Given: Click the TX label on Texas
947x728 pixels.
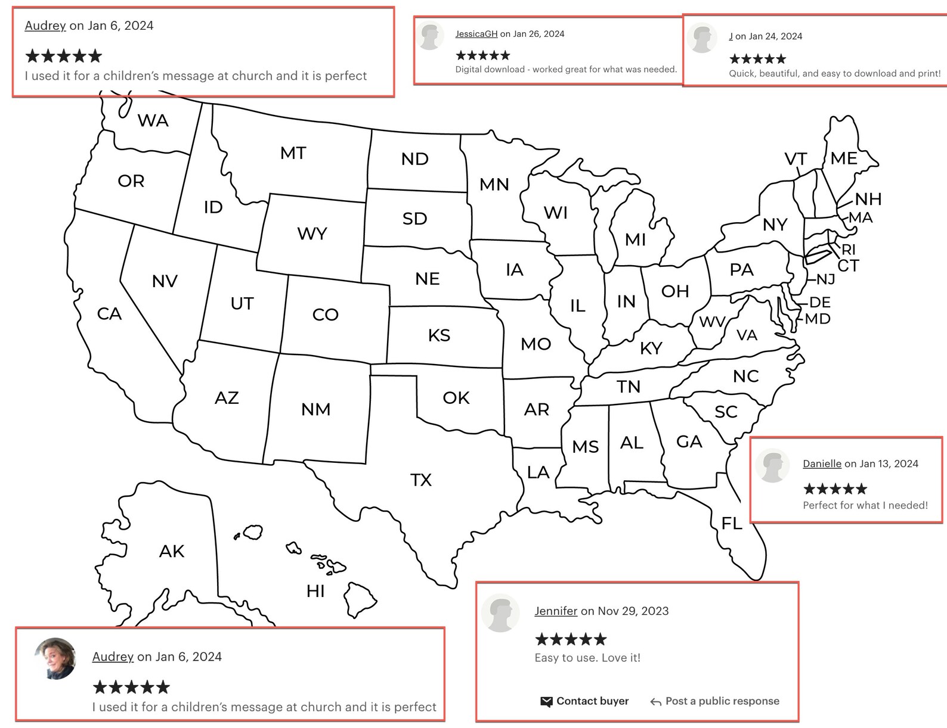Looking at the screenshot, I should (x=420, y=480).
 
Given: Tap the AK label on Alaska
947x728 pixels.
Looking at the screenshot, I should (x=172, y=551).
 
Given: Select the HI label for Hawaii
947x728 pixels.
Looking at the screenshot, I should (x=315, y=591).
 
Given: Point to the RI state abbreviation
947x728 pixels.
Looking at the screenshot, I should (x=849, y=250).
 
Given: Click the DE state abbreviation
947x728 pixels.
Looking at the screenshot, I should (x=820, y=302).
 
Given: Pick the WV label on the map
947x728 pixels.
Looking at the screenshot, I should (x=712, y=322).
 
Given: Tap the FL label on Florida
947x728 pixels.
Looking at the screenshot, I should (x=732, y=523).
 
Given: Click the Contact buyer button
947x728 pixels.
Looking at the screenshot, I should (x=592, y=701).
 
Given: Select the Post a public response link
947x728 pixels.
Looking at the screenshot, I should (x=722, y=701).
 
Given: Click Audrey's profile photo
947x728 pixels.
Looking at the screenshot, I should (x=55, y=659).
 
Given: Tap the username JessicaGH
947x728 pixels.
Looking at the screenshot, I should (x=476, y=34).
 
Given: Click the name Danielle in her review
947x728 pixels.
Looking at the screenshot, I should (x=822, y=463).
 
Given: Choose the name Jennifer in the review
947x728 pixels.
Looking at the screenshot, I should (x=556, y=611).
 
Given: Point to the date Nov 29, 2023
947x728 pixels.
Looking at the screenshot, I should (x=633, y=611).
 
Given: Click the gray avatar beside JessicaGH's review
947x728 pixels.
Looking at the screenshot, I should (x=430, y=36).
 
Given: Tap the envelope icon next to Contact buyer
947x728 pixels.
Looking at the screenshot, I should (x=546, y=702).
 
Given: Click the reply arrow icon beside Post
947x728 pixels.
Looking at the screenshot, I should (x=655, y=702).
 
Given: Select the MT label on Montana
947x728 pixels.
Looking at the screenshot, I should (x=293, y=153).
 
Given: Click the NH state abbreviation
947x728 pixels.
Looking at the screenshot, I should (x=868, y=199).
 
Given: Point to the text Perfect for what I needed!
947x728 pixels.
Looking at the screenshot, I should (x=865, y=505).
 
